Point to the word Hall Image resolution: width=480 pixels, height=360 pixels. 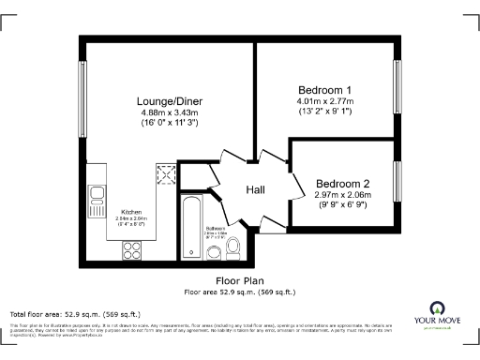(255, 190)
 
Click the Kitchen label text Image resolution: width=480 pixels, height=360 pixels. (131, 213)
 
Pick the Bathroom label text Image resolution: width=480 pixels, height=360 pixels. (216, 228)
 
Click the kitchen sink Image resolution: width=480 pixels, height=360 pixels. (97, 195)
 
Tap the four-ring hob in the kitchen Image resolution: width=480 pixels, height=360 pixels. (130, 250)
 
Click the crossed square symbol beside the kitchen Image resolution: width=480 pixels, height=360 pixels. (166, 174)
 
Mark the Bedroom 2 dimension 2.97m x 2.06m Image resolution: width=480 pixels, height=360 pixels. (344, 194)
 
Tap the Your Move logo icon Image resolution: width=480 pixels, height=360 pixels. (437, 308)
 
